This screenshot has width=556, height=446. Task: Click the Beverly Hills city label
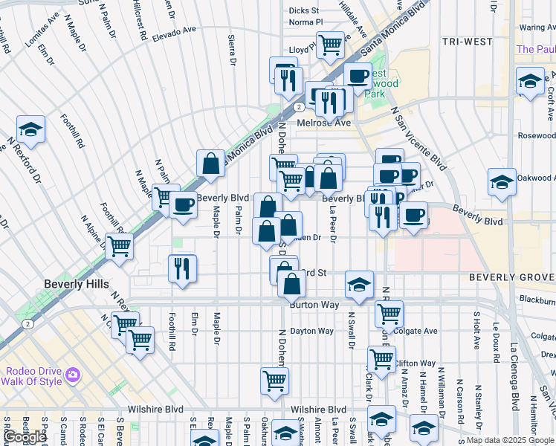click(77, 284)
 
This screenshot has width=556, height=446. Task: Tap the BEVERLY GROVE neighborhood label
click(511, 277)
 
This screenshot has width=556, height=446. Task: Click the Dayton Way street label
click(311, 331)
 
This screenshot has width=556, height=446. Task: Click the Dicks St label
click(303, 10)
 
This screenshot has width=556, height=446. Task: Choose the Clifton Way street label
click(415, 363)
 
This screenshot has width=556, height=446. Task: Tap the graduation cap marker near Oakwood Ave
click(502, 181)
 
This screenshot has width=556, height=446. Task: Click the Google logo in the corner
click(25, 437)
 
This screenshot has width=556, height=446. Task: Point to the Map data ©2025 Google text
click(509, 440)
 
